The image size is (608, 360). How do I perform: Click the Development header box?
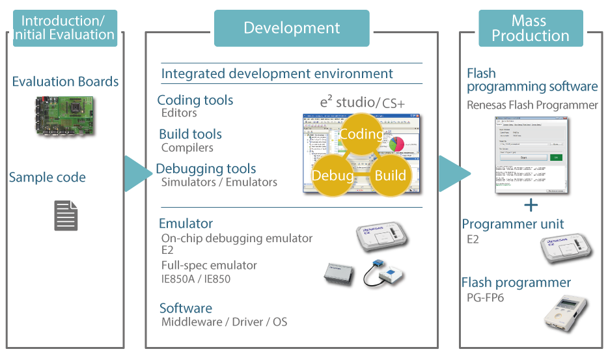(x=292, y=28)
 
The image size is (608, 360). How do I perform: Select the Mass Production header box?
(x=531, y=28)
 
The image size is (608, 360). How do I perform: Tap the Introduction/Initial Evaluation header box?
(x=64, y=28)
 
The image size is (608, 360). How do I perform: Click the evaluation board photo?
(x=66, y=117)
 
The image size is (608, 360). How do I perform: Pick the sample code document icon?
(x=66, y=215)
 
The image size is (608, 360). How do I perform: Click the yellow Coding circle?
(x=361, y=134)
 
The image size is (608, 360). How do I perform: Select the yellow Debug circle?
(x=333, y=175)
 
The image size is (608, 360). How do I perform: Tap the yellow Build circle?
(x=390, y=175)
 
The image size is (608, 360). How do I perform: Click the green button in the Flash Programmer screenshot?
(x=555, y=157)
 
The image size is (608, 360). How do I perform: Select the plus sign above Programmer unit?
(x=531, y=206)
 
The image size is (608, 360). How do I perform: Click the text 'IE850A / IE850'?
(x=195, y=279)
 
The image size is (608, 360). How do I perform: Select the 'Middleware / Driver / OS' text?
(x=224, y=322)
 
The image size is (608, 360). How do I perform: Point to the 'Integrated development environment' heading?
(x=277, y=74)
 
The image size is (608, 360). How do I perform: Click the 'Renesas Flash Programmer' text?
(x=532, y=105)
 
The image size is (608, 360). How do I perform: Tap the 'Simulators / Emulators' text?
(x=219, y=182)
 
